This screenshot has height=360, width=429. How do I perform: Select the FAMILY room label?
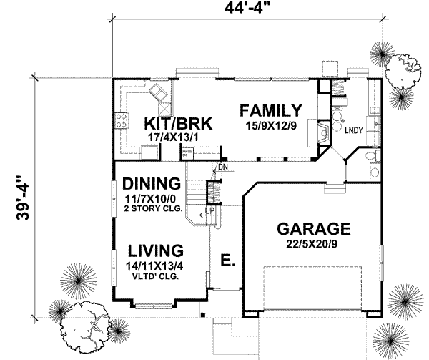coord(270,110)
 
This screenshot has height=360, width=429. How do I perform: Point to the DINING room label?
coord(150,182)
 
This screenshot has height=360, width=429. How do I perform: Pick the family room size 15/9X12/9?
coord(270,125)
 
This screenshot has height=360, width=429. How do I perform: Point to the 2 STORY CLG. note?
coord(152,210)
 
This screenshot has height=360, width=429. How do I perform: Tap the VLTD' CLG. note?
coord(154,276)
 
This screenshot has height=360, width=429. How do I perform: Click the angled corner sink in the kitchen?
coord(159,92)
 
